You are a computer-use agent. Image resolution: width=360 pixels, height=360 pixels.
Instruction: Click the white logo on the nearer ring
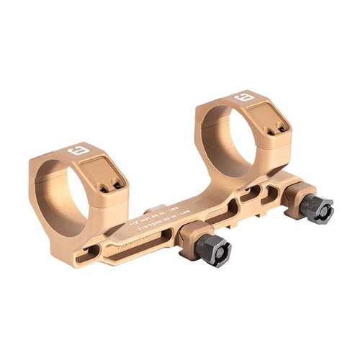75,152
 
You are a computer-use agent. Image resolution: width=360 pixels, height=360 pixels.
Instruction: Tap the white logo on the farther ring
242,96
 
